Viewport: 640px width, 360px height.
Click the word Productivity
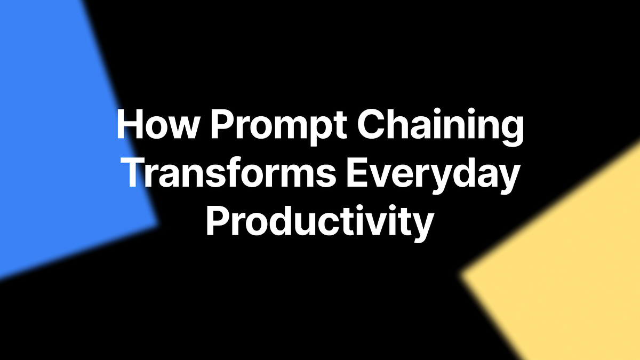pos(319,222)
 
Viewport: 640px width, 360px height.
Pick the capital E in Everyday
pos(357,174)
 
